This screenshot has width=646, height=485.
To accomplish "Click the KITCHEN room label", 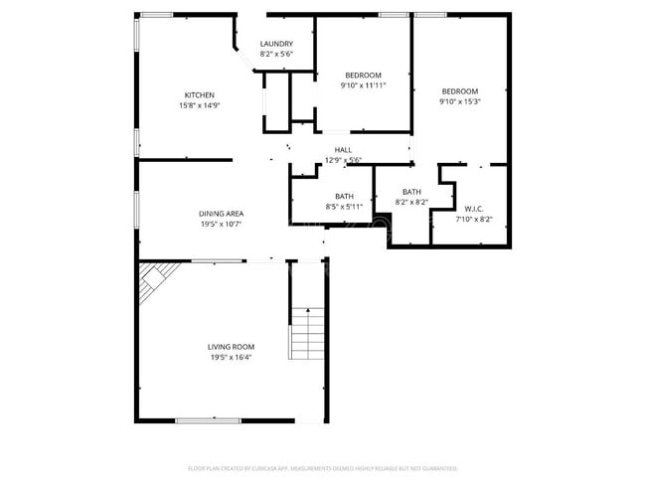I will tap(199, 94).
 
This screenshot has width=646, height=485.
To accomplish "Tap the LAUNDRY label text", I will tap(276, 44).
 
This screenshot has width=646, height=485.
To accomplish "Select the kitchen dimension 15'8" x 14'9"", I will tap(199, 104).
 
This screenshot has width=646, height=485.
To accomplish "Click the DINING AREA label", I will tap(221, 214).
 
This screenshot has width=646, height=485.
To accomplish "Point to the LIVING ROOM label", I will tap(231, 347).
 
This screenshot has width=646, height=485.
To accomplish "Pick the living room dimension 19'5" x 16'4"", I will tap(231, 357).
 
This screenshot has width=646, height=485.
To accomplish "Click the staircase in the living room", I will tap(307, 333).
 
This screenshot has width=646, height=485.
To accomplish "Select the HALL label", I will tap(343, 150).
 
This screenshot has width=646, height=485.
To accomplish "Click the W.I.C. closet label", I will tap(473, 209).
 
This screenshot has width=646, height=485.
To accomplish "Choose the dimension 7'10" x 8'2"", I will tap(473, 219).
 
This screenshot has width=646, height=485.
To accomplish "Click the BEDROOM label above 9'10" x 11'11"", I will tap(363, 76).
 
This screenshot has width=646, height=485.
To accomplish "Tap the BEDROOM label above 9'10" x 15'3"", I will tap(459, 91).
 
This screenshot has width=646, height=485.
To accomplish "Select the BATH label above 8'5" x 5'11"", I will tap(344, 197).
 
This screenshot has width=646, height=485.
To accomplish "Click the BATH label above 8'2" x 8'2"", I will tap(411, 192).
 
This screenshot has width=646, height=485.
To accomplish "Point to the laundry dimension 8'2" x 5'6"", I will tap(276, 54).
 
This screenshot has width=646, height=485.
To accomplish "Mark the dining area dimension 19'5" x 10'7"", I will tap(221, 224).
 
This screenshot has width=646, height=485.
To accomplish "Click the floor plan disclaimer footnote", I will tap(322, 467).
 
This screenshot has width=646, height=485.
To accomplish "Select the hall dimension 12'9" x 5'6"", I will tap(343, 159).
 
